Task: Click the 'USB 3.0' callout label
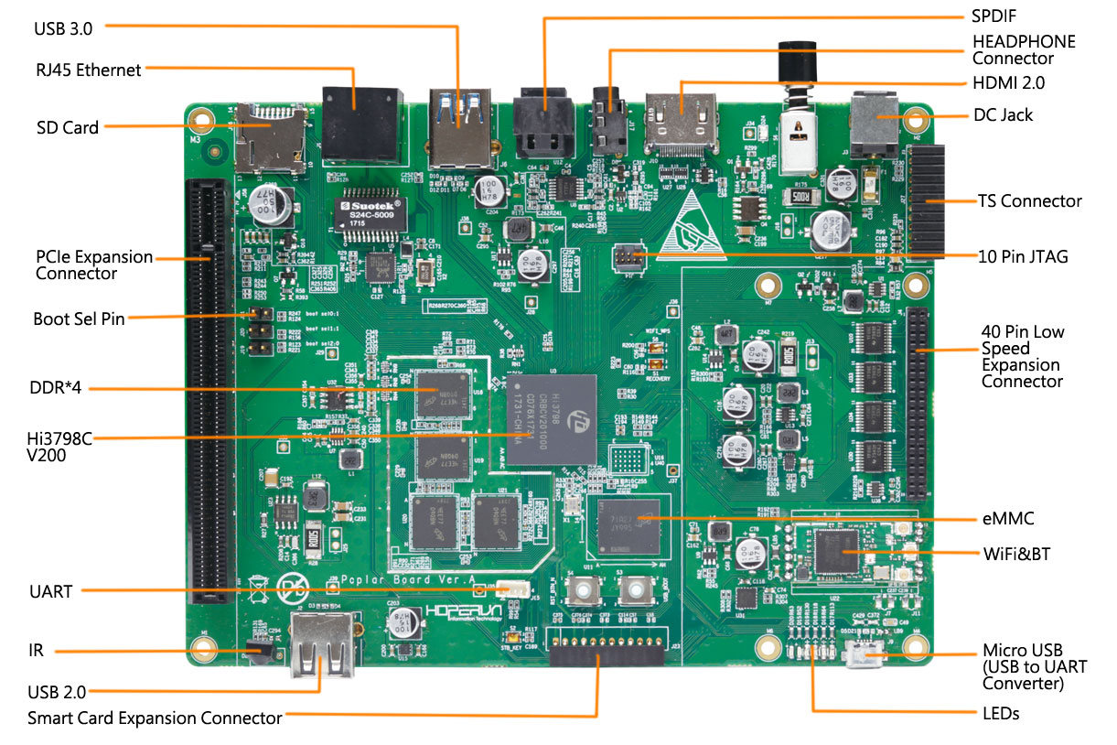(63, 28)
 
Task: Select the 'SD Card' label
(68, 128)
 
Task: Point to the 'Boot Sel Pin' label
(79, 319)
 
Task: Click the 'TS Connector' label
(1029, 201)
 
